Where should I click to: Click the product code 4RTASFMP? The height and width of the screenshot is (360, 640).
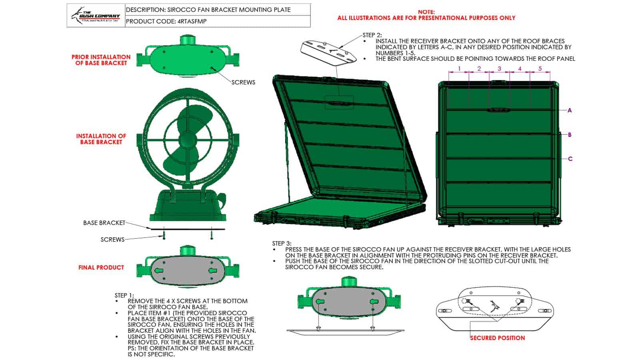pyautogui.click(x=191, y=21)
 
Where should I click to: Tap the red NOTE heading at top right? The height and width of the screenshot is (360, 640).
pyautogui.click(x=426, y=12)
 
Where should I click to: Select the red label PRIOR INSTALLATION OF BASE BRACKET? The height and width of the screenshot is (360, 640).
pyautogui.click(x=101, y=60)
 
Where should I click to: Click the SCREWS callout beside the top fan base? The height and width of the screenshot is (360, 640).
pyautogui.click(x=243, y=82)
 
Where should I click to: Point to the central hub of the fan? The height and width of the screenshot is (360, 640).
pyautogui.click(x=187, y=140)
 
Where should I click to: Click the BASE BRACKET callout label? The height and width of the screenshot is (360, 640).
pyautogui.click(x=104, y=223)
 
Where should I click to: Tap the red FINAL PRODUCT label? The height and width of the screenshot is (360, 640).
pyautogui.click(x=101, y=268)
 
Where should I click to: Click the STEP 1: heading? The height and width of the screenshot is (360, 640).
pyautogui.click(x=124, y=295)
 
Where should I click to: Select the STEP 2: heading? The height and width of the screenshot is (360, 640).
pyautogui.click(x=372, y=35)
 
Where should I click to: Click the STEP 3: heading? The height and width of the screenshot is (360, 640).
pyautogui.click(x=282, y=243)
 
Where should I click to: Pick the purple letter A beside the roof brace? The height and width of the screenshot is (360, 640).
pyautogui.click(x=570, y=110)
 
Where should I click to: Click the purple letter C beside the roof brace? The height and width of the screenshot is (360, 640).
pyautogui.click(x=570, y=159)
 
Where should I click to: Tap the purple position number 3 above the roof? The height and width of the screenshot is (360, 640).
pyautogui.click(x=499, y=68)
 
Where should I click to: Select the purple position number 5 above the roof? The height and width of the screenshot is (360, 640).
pyautogui.click(x=540, y=68)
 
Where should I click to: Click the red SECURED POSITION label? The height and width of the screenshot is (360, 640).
pyautogui.click(x=497, y=338)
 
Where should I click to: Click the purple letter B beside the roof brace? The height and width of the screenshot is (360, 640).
pyautogui.click(x=570, y=135)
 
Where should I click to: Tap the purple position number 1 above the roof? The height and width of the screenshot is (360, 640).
pyautogui.click(x=459, y=68)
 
